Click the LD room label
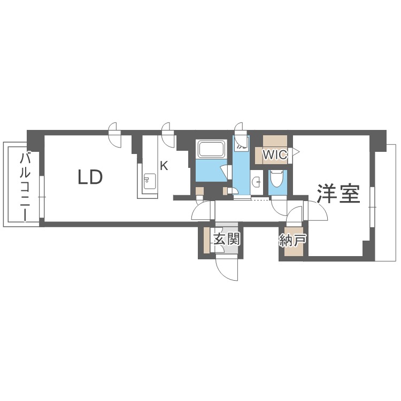click(90, 177)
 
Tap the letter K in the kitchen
click(164, 166)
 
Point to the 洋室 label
click(338, 194)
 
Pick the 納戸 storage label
click(292, 241)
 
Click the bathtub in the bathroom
click(212, 149)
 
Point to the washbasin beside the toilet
click(257, 181)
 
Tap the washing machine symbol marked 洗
click(241, 142)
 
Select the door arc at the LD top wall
click(114, 136)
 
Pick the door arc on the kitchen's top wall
click(167, 136)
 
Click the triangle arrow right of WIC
click(296, 152)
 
